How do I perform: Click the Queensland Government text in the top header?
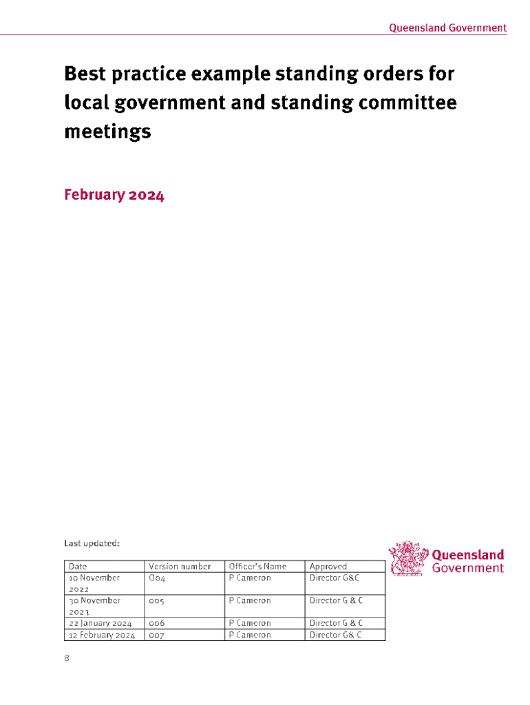pos(447,28)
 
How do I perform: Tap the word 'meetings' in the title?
pos(107,131)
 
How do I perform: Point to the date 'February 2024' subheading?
pos(114,195)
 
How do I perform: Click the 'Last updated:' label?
pos(92,543)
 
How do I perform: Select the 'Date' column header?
pos(77,567)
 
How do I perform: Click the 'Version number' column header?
pos(180,567)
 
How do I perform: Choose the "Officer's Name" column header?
pos(257,567)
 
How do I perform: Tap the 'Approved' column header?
pos(328,567)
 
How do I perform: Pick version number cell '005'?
pos(157,600)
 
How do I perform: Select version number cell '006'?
pos(157,623)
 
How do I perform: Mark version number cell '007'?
pos(157,635)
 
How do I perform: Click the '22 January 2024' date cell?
pos(101,623)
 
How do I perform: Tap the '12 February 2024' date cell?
pos(102,635)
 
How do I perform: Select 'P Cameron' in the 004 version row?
pos(250,578)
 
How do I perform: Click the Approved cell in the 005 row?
pos(336,600)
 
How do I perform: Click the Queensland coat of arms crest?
pos(408,559)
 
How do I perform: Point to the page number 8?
pos(67,658)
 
